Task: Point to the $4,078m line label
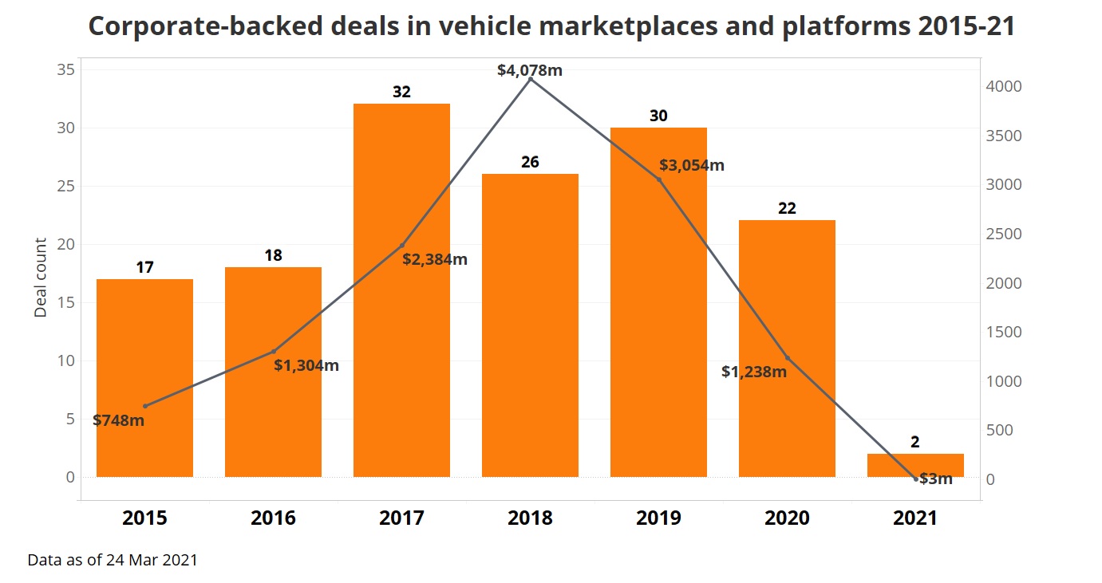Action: pyautogui.click(x=530, y=70)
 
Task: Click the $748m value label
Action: pyautogui.click(x=119, y=420)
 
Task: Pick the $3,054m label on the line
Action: pyautogui.click(x=692, y=166)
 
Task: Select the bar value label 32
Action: pyautogui.click(x=401, y=92)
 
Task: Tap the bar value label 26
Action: pyautogui.click(x=530, y=163)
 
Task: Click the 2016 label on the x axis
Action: pyautogui.click(x=273, y=518)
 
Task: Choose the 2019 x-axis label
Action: pyautogui.click(x=658, y=518)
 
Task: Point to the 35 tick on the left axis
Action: pyautogui.click(x=65, y=69)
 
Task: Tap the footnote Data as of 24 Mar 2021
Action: pyautogui.click(x=113, y=560)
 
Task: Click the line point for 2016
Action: pyautogui.click(x=273, y=351)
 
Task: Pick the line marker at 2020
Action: pyautogui.click(x=787, y=357)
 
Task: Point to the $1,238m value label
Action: pyautogui.click(x=754, y=372)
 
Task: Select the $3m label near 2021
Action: pyautogui.click(x=936, y=479)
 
